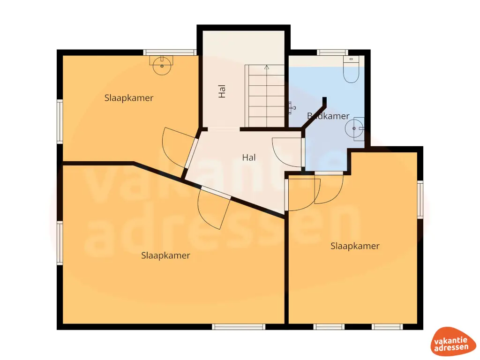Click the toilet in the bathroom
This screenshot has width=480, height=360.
pyautogui.click(x=351, y=70)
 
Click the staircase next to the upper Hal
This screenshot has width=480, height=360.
pyautogui.click(x=265, y=96)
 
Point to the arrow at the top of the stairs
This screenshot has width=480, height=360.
pyautogui.click(x=266, y=67)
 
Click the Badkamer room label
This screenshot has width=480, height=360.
pyautogui.click(x=328, y=116)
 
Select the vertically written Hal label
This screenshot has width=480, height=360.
pyautogui.click(x=222, y=91)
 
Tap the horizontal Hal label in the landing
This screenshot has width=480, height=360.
pyautogui.click(x=249, y=158)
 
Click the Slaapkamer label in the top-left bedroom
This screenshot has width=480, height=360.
pyautogui.click(x=129, y=98)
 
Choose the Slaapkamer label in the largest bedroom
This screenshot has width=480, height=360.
pyautogui.click(x=165, y=255)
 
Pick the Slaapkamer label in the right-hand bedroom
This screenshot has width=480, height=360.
pyautogui.click(x=355, y=246)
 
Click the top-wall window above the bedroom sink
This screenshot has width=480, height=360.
pyautogui.click(x=169, y=52)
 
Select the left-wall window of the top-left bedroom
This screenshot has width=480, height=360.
pyautogui.click(x=60, y=121)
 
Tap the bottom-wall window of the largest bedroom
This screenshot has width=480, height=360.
pyautogui.click(x=239, y=327)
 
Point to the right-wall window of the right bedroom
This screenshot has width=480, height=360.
pyautogui.click(x=420, y=200)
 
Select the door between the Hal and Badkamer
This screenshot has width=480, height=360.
pyautogui.click(x=288, y=154)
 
